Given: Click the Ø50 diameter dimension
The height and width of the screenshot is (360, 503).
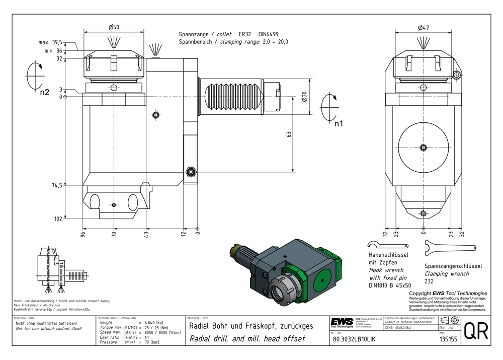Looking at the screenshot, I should (114, 27).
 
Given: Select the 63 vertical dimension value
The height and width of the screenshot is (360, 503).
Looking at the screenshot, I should (289, 134).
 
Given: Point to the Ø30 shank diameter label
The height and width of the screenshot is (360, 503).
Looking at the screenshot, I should (305, 97).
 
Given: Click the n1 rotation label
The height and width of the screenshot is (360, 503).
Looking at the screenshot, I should (339, 123).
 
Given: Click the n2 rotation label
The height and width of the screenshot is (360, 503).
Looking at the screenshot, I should (45, 92).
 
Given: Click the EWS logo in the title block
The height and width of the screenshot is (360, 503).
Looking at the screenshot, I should (342, 322).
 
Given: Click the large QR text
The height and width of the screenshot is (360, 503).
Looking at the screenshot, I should (475, 331).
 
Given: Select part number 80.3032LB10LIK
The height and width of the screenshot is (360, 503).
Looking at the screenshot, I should (354, 339).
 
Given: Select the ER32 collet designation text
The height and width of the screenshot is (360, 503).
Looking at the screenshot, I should (249, 34).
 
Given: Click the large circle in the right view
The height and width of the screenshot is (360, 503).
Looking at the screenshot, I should (423, 148).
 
